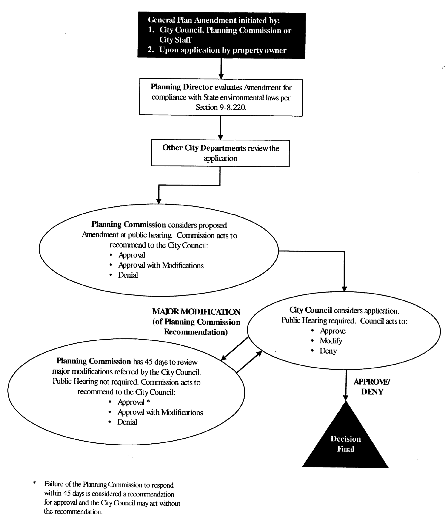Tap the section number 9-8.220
point(233,107)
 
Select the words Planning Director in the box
point(182,87)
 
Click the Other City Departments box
point(220,153)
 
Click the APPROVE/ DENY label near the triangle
point(372,387)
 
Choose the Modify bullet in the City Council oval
point(331,341)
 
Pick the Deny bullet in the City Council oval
point(328,351)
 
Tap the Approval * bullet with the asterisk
point(134,402)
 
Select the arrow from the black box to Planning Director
point(221,69)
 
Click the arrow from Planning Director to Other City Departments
point(220,128)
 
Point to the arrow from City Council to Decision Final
point(346,385)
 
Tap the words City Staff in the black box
point(175,40)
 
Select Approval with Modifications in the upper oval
point(161,265)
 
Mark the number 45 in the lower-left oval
point(149,362)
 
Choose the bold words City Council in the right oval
point(311,310)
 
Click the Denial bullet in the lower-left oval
point(127,422)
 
